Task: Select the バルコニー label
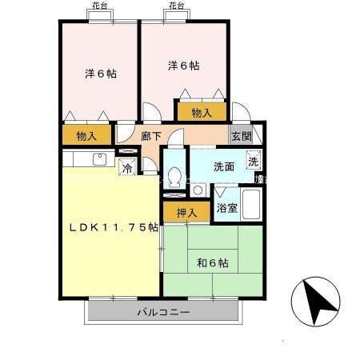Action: [x=162, y=312]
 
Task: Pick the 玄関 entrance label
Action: [x=241, y=136]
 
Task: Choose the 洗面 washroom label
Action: [x=224, y=167]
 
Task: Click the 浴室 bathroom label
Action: [x=227, y=208]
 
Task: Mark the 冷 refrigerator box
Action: [x=127, y=167]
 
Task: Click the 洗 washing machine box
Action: [x=253, y=162]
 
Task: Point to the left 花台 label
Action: [x=96, y=6]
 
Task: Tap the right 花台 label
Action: [x=176, y=6]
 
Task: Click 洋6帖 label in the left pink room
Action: [x=102, y=74]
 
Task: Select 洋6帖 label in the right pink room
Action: [x=183, y=65]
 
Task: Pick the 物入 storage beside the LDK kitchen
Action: [x=87, y=136]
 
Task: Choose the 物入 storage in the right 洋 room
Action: [x=201, y=113]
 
